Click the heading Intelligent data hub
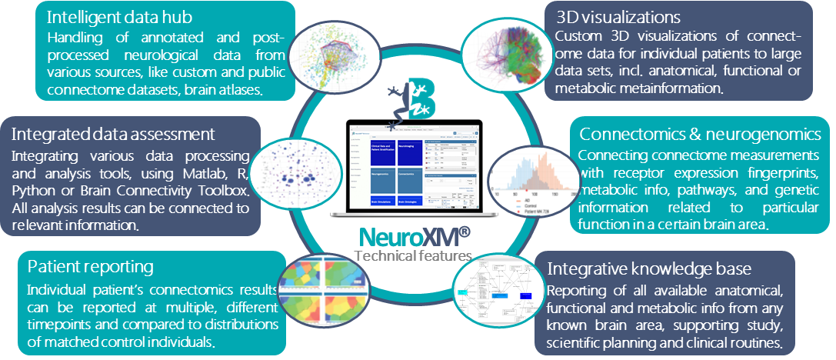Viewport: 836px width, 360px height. [x=120, y=16]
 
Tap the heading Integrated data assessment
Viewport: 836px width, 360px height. [x=113, y=134]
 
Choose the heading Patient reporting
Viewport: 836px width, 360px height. [x=90, y=267]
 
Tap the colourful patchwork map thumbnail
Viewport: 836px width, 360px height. [x=323, y=293]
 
